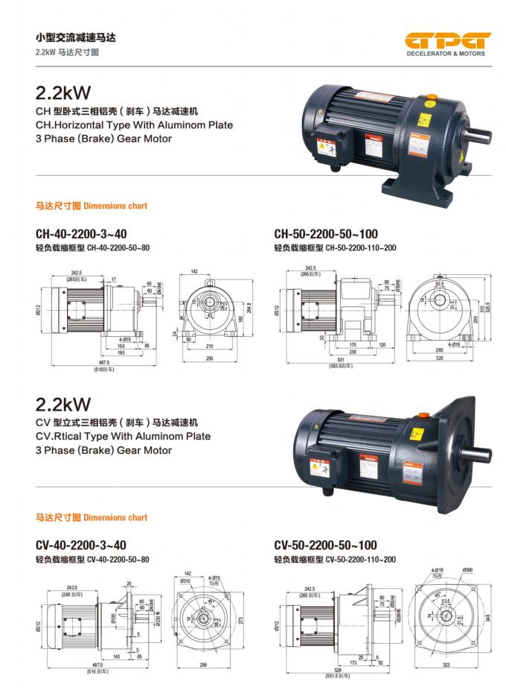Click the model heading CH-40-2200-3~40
coord(81,233)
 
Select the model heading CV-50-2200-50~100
coord(325,545)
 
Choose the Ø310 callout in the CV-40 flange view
coord(186,580)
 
